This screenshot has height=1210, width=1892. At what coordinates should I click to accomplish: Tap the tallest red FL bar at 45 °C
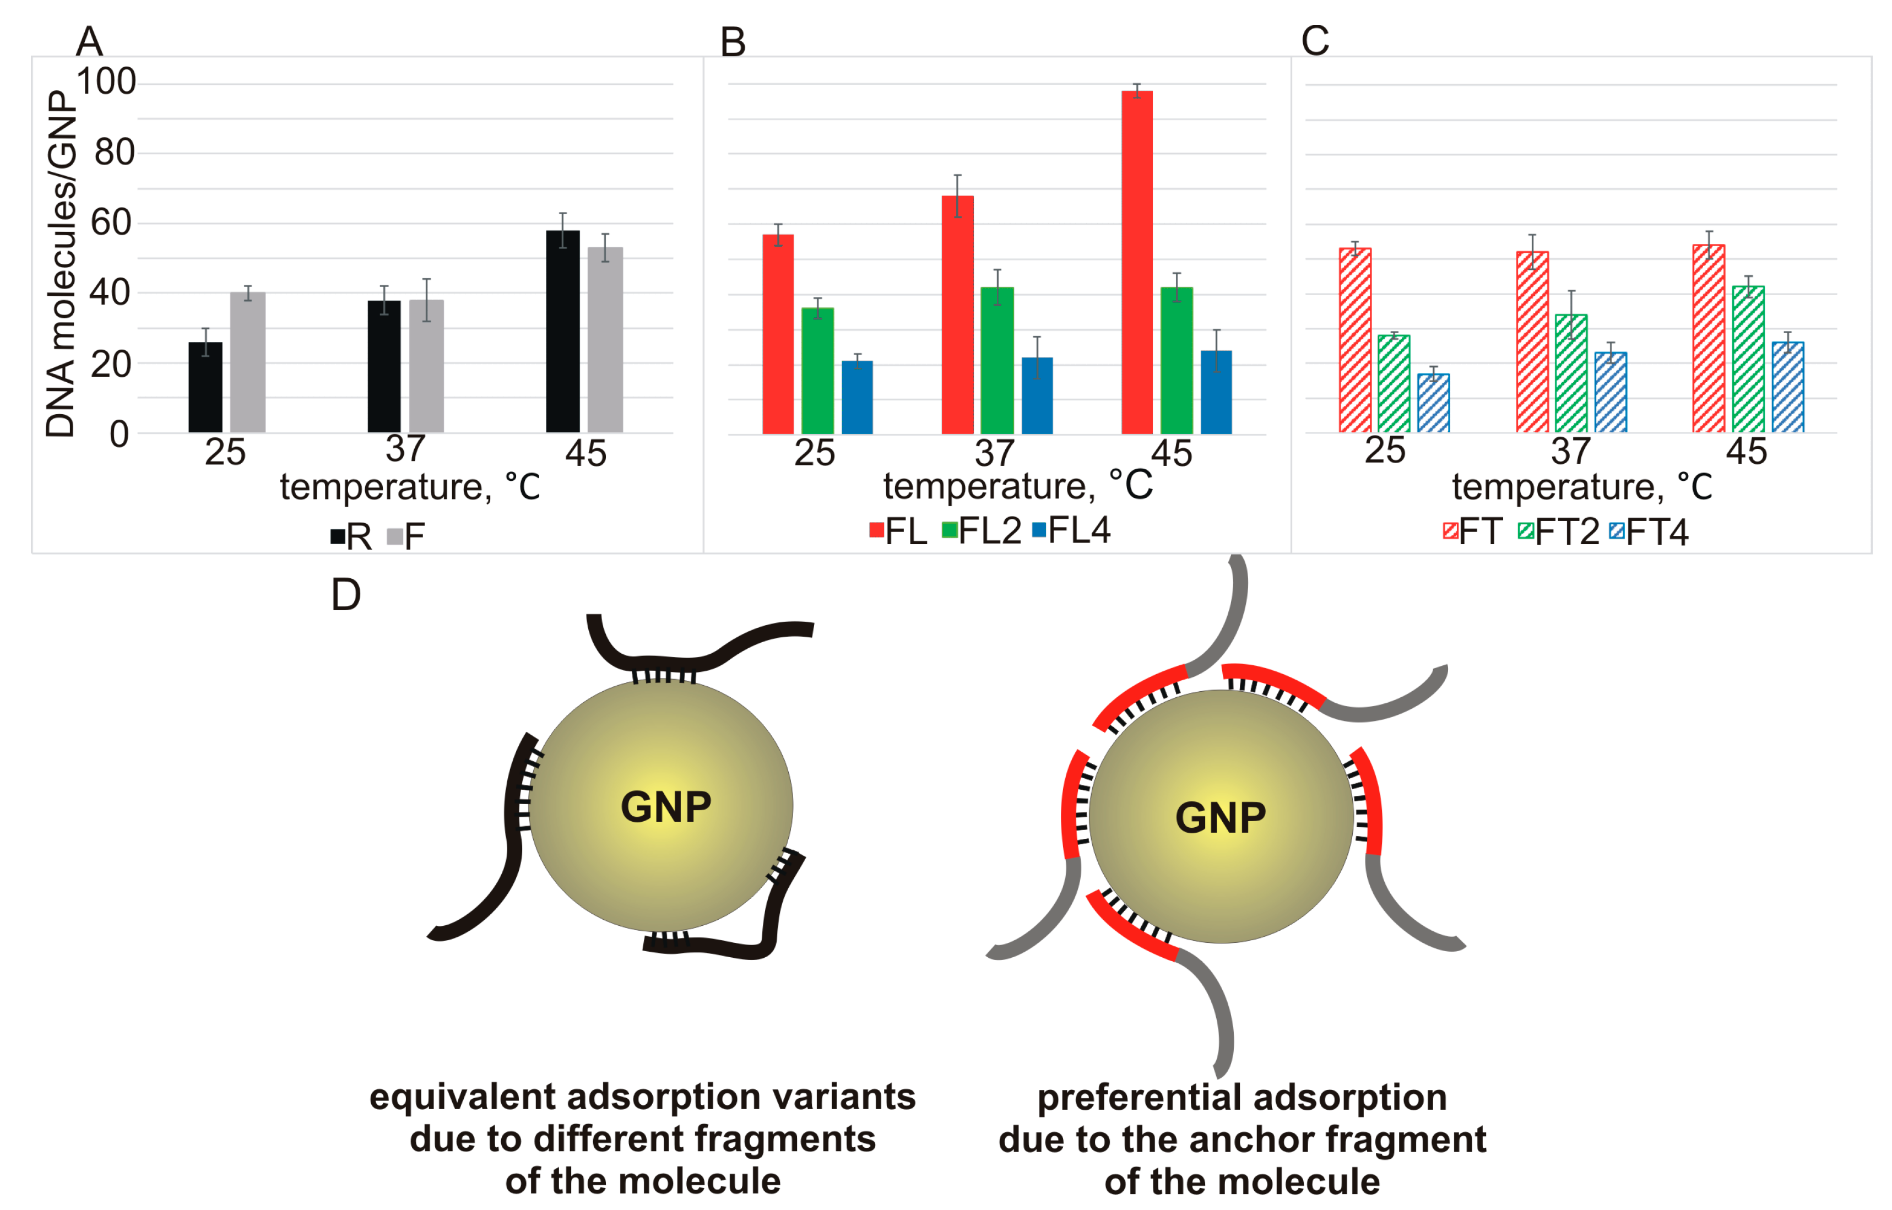click(x=1137, y=262)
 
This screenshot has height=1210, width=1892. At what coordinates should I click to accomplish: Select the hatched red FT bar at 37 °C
click(x=1532, y=342)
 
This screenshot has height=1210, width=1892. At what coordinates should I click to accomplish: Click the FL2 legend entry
click(x=982, y=531)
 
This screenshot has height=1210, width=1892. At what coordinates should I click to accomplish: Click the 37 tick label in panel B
click(x=995, y=453)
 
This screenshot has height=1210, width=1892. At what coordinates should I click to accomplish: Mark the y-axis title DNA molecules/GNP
click(x=61, y=263)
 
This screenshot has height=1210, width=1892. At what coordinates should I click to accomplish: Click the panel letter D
click(x=346, y=595)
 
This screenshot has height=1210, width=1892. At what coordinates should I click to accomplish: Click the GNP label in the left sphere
click(x=665, y=807)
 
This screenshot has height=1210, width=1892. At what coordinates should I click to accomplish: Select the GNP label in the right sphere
click(x=1220, y=817)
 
